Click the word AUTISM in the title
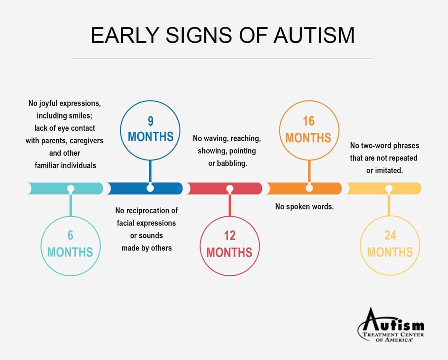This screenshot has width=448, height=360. point(314,35)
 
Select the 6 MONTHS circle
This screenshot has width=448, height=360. point(70,216)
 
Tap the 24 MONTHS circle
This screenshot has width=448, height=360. point(390,216)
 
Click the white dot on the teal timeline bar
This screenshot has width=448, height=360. point(70,189)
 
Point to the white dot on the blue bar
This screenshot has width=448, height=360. point(150,188)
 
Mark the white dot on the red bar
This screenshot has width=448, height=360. point(230,189)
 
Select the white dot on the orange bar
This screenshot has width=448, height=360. point(309,188)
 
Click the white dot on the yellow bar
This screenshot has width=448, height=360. point(388,189)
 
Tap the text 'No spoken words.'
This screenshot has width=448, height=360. point(304,207)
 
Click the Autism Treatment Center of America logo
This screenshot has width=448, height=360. point(391,325)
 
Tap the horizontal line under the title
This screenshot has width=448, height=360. point(222,59)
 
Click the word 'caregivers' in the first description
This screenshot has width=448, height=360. point(87,141)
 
